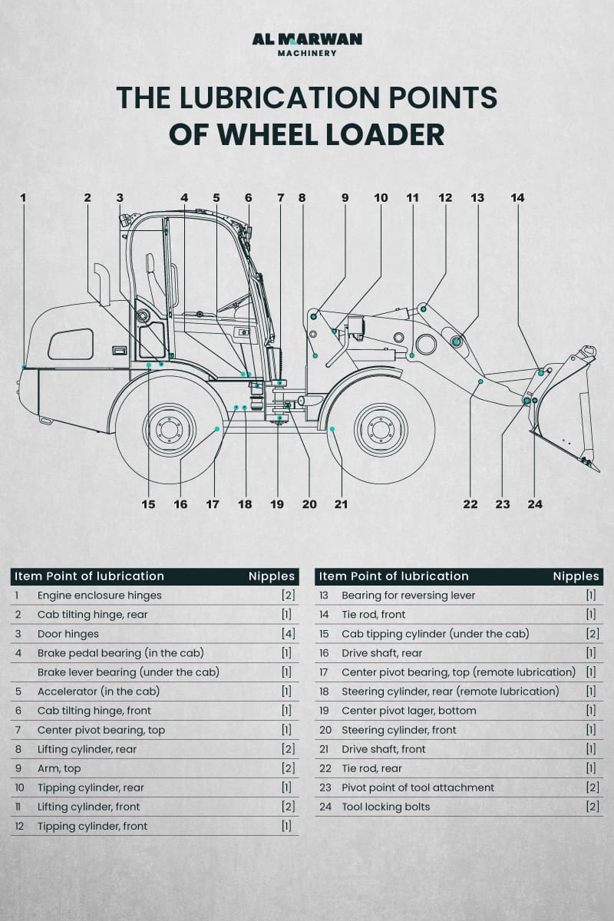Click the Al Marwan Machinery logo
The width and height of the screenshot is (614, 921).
307,45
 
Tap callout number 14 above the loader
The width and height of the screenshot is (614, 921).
517,198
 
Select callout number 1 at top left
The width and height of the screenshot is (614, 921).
23,198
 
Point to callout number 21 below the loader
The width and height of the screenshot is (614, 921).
341,504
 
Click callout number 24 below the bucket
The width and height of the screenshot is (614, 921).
535,504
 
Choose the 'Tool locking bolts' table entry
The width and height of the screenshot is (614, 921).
385,807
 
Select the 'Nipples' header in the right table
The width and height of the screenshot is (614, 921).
576,576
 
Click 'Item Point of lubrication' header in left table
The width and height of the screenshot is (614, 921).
89,576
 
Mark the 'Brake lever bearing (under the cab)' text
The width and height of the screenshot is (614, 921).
128,672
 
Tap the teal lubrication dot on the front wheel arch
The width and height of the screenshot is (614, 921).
332,430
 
